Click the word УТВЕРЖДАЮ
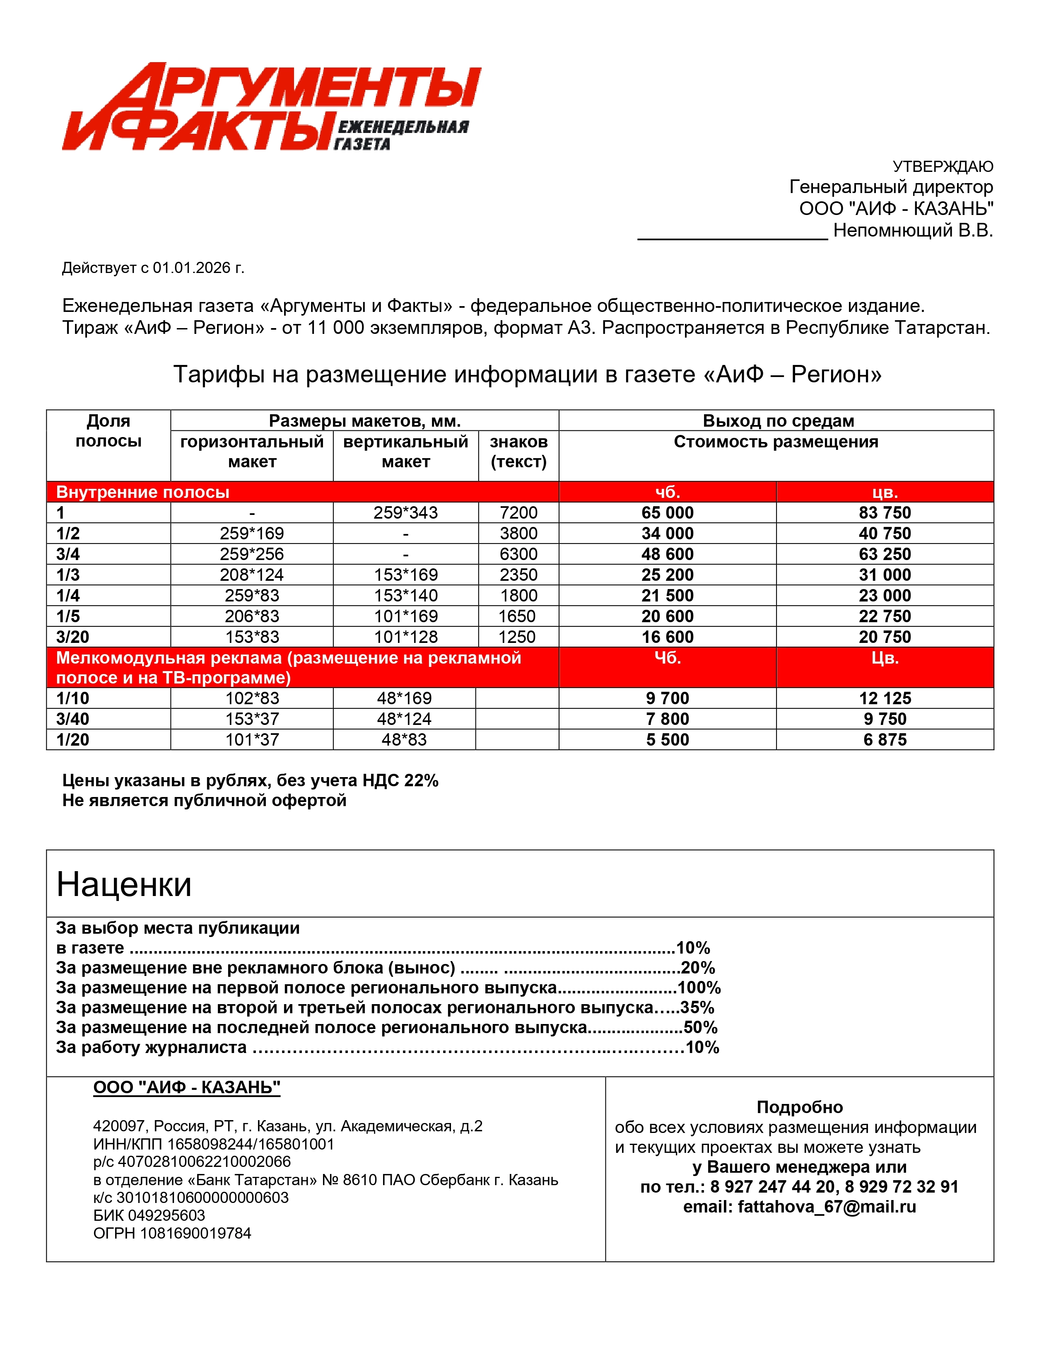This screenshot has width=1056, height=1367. pyautogui.click(x=942, y=167)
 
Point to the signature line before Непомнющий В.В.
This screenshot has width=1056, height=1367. pyautogui.click(x=732, y=237)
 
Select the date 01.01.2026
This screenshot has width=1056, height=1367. pyautogui.click(x=191, y=268)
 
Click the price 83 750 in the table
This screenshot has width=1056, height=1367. pyautogui.click(x=885, y=513)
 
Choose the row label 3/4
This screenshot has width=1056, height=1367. pyautogui.click(x=68, y=554)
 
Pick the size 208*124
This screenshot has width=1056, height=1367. pyautogui.click(x=251, y=575)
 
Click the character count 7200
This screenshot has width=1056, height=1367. pyautogui.click(x=518, y=513)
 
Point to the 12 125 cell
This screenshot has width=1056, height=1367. pyautogui.click(x=885, y=698)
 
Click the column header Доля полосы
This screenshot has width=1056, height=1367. pyautogui.click(x=108, y=431)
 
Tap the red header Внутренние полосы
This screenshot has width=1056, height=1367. pyautogui.click(x=142, y=492)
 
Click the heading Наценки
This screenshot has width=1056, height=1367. pyautogui.click(x=124, y=884)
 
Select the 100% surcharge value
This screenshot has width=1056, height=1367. pyautogui.click(x=699, y=988)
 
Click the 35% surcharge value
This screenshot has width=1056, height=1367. pyautogui.click(x=697, y=1008)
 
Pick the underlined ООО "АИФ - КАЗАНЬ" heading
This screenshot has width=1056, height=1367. pyautogui.click(x=186, y=1087)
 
